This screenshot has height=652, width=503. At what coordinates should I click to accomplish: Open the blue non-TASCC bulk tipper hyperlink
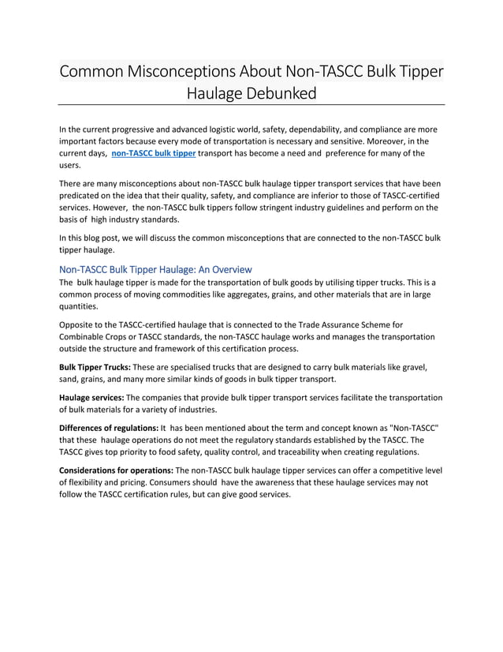[x=154, y=153]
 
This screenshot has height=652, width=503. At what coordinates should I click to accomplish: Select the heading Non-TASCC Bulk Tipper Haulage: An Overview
[x=155, y=269]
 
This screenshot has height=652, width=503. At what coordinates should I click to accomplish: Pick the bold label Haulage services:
[x=91, y=397]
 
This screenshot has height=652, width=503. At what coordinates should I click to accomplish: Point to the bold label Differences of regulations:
[x=109, y=427]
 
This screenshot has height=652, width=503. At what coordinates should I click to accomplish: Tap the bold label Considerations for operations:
[x=115, y=470]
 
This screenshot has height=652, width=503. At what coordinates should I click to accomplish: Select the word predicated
[x=84, y=195]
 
